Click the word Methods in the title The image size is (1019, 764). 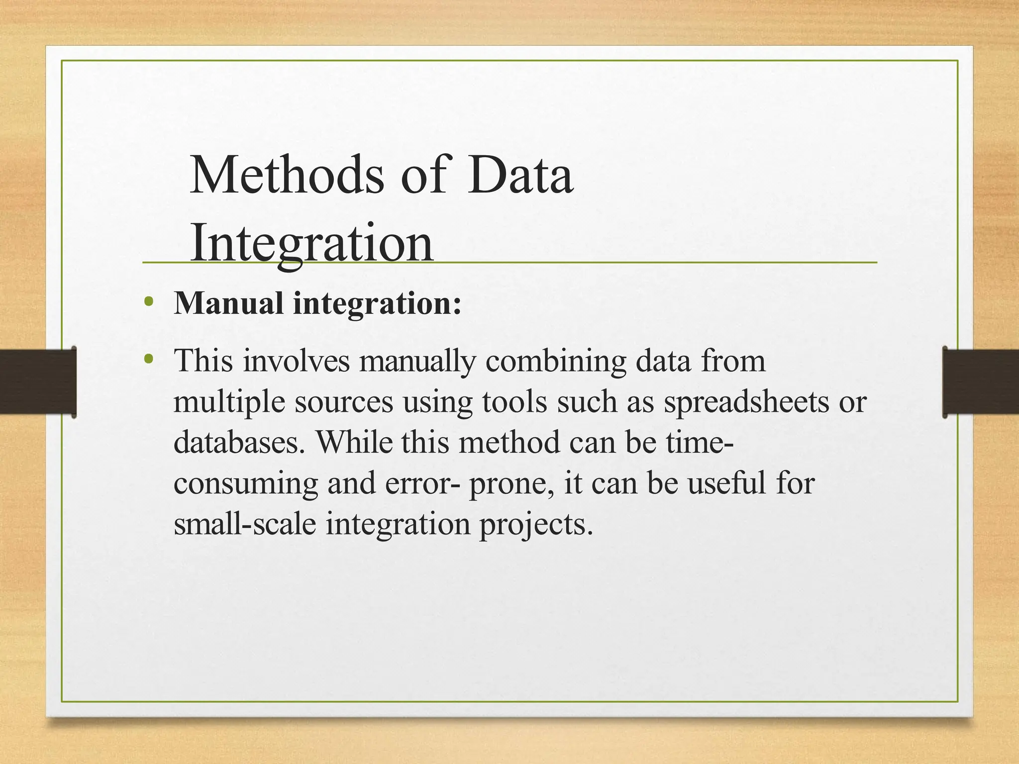287,175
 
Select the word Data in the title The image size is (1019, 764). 520,175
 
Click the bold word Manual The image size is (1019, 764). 228,303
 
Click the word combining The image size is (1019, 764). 556,361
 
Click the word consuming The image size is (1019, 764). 246,483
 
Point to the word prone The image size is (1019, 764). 512,483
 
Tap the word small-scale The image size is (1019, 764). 245,524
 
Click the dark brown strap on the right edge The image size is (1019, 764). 981,382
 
